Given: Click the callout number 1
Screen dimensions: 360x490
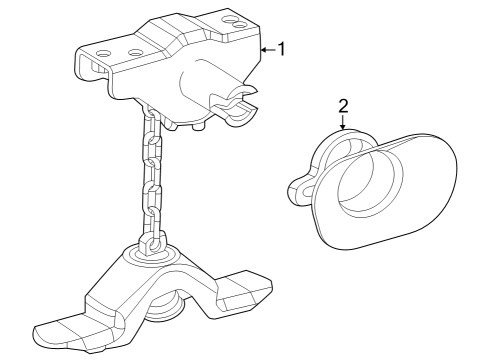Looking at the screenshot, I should coord(282,47).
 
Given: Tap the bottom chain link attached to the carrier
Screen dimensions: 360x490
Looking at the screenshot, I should coord(151,243).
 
